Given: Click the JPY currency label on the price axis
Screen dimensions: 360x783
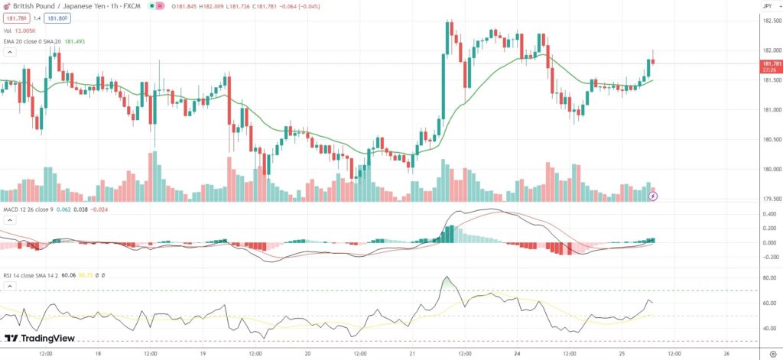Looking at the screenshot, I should (x=767, y=5).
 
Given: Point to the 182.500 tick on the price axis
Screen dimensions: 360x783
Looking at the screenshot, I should (x=772, y=21).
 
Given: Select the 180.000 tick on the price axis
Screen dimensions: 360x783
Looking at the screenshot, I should (x=772, y=169).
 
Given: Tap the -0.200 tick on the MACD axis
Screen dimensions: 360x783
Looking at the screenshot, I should (x=771, y=257).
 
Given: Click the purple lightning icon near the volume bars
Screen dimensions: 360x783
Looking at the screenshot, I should (x=652, y=196).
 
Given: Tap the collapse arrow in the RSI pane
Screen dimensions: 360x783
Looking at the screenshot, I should (x=10, y=286).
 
